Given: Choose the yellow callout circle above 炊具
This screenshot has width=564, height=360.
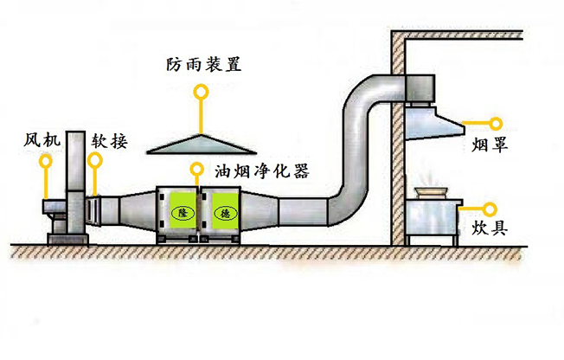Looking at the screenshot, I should tap(490, 208).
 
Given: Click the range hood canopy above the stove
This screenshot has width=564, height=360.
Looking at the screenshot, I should tap(432, 121).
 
